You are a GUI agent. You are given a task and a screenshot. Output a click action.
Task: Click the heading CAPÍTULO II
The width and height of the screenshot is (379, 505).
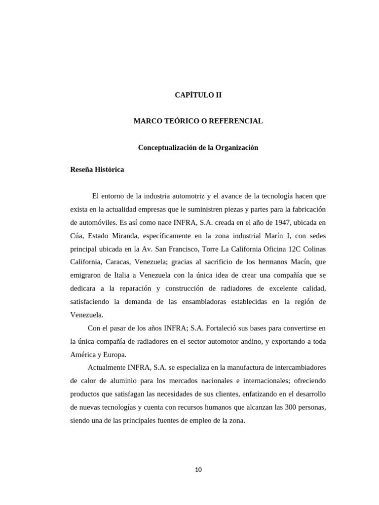coord(198,95)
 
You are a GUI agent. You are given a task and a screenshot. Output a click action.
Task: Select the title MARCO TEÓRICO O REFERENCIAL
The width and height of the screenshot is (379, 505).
coord(198,121)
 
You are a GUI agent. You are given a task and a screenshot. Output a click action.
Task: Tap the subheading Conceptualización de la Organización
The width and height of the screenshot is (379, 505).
coord(198,147)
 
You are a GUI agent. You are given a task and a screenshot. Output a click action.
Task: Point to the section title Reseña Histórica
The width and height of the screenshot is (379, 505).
coord(97,170)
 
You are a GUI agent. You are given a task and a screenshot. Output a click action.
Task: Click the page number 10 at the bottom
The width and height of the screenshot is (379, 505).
coord(198,469)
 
